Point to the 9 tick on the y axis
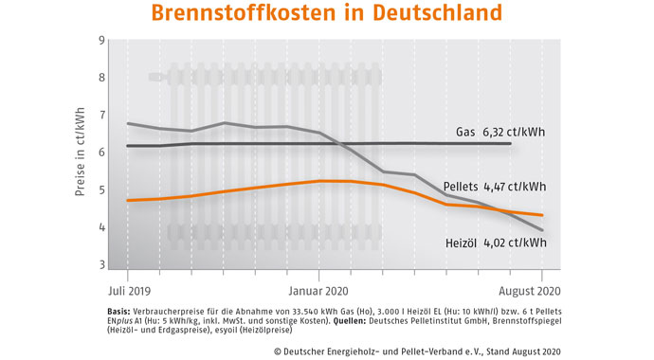click(100, 42)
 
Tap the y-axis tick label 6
click(100, 152)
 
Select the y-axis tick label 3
click(100, 265)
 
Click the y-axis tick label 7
click(100, 115)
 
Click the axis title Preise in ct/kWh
click(80, 152)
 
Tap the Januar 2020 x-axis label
click(319, 291)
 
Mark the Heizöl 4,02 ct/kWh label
click(496, 243)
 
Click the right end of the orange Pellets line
click(542, 215)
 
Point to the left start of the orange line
click(127, 200)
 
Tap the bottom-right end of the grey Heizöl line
click(542, 230)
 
